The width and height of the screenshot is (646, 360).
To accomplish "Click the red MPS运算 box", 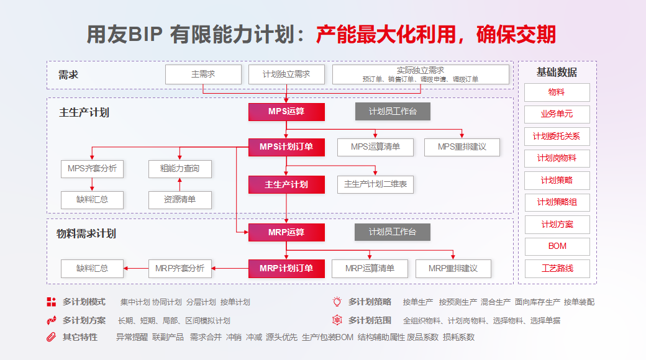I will (286, 112).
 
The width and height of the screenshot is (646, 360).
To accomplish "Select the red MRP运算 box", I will (286, 232).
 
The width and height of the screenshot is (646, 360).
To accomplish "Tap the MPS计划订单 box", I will (286, 147).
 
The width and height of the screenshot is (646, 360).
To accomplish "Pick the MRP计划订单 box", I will (286, 268).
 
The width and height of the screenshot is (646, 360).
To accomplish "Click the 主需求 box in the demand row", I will (203, 74).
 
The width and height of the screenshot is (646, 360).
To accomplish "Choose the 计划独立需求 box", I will (286, 74).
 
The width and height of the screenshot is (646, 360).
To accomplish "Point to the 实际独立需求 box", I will (421, 74).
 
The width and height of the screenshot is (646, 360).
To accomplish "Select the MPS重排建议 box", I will (462, 147).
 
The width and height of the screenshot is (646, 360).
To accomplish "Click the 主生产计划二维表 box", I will (376, 184).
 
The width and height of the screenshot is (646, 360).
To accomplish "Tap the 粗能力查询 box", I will (180, 169).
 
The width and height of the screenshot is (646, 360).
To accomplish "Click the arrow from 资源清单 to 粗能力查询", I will (180, 184).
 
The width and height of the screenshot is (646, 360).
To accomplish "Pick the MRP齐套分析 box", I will (180, 268).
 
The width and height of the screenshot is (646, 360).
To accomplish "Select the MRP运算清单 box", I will (370, 268).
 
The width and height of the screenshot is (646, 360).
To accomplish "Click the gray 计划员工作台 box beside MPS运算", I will (393, 112).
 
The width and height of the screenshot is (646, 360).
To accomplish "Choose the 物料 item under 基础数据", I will (557, 92).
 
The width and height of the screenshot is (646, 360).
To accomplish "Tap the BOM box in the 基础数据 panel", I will (557, 246).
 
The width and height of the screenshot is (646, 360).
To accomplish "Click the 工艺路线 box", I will (557, 268).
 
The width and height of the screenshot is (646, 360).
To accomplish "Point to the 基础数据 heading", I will (557, 72).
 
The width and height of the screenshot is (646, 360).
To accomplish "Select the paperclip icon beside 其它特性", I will (52, 337).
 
